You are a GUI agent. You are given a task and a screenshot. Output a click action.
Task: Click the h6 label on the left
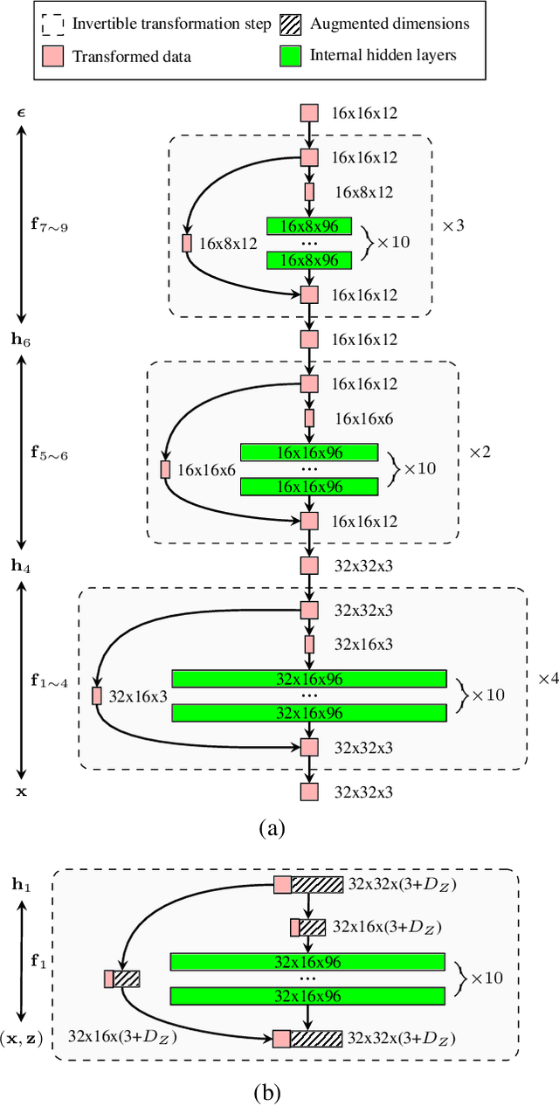point(21,339)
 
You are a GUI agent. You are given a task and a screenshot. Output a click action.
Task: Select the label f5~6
point(48,453)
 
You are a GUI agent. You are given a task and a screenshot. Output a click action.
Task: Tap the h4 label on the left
point(21,565)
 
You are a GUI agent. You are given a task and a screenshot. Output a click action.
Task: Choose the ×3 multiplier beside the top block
point(453,225)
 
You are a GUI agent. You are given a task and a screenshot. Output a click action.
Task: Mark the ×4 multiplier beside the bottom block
point(548,678)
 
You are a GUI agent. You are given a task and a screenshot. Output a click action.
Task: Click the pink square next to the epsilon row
point(309,113)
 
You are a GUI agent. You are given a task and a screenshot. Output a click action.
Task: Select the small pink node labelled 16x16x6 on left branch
point(165,469)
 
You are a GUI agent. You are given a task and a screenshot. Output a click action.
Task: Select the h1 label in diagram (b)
point(21,884)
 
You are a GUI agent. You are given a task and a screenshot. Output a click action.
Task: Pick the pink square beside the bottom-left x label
point(309,791)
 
